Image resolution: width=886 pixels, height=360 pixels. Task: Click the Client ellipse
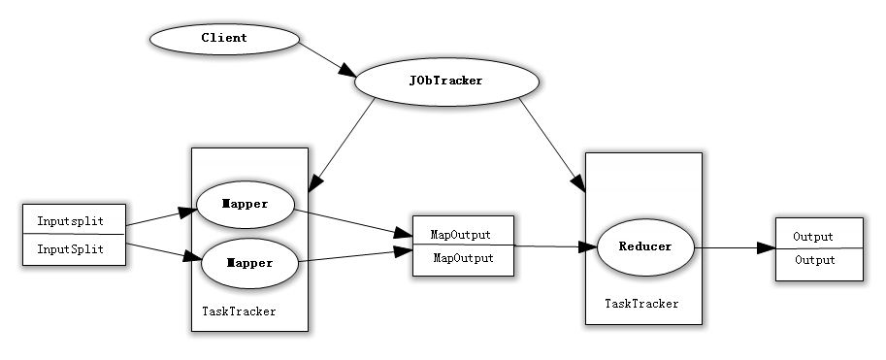224,39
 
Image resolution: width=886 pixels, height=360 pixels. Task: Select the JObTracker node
445,81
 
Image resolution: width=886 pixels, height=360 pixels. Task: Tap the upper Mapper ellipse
245,205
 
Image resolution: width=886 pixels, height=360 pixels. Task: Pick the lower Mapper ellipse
249,262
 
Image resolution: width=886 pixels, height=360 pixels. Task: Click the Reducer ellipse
645,246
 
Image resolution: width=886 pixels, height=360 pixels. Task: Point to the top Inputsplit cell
74,219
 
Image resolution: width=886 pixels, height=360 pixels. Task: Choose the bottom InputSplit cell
74,248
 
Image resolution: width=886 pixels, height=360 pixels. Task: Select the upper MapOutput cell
462,234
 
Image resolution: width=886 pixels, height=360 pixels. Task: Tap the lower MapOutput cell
462,258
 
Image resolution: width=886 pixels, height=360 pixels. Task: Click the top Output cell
817,236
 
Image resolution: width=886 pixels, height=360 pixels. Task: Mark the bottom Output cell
817,260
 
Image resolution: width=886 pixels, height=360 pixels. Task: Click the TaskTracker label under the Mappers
239,311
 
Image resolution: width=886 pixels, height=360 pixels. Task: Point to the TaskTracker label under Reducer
641,304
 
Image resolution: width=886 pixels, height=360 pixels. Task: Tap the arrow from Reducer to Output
735,247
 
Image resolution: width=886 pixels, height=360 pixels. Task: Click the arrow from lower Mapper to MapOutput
354,255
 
